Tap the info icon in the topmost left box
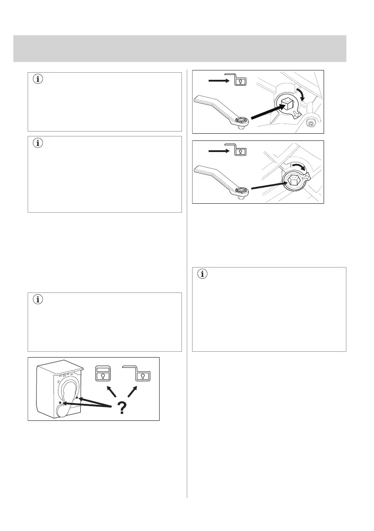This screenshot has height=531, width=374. (37, 80)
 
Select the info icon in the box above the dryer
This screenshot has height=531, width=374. (37, 300)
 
